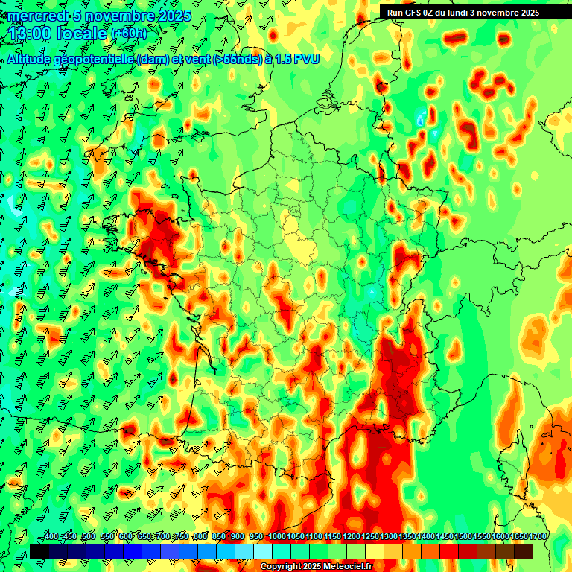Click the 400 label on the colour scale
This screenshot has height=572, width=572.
(x=51, y=536)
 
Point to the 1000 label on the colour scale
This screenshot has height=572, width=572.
(x=276, y=536)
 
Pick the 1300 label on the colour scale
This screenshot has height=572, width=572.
(x=389, y=536)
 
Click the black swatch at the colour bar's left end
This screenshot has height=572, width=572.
(x=39, y=551)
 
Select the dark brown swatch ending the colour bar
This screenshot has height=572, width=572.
(x=524, y=551)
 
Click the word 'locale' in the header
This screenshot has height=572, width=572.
(x=81, y=34)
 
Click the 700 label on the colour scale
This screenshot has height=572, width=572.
(x=163, y=536)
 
